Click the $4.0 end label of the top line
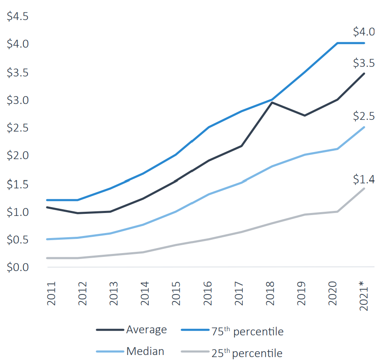364,32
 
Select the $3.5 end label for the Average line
364,63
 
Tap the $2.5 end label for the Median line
364,116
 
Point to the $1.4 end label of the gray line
364,179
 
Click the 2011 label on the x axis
51,294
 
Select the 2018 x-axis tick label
270,294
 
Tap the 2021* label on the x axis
364,296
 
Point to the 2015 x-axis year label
176,294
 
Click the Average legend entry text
146,330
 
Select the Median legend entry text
145,351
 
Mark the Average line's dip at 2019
304,115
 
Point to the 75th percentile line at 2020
337,43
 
